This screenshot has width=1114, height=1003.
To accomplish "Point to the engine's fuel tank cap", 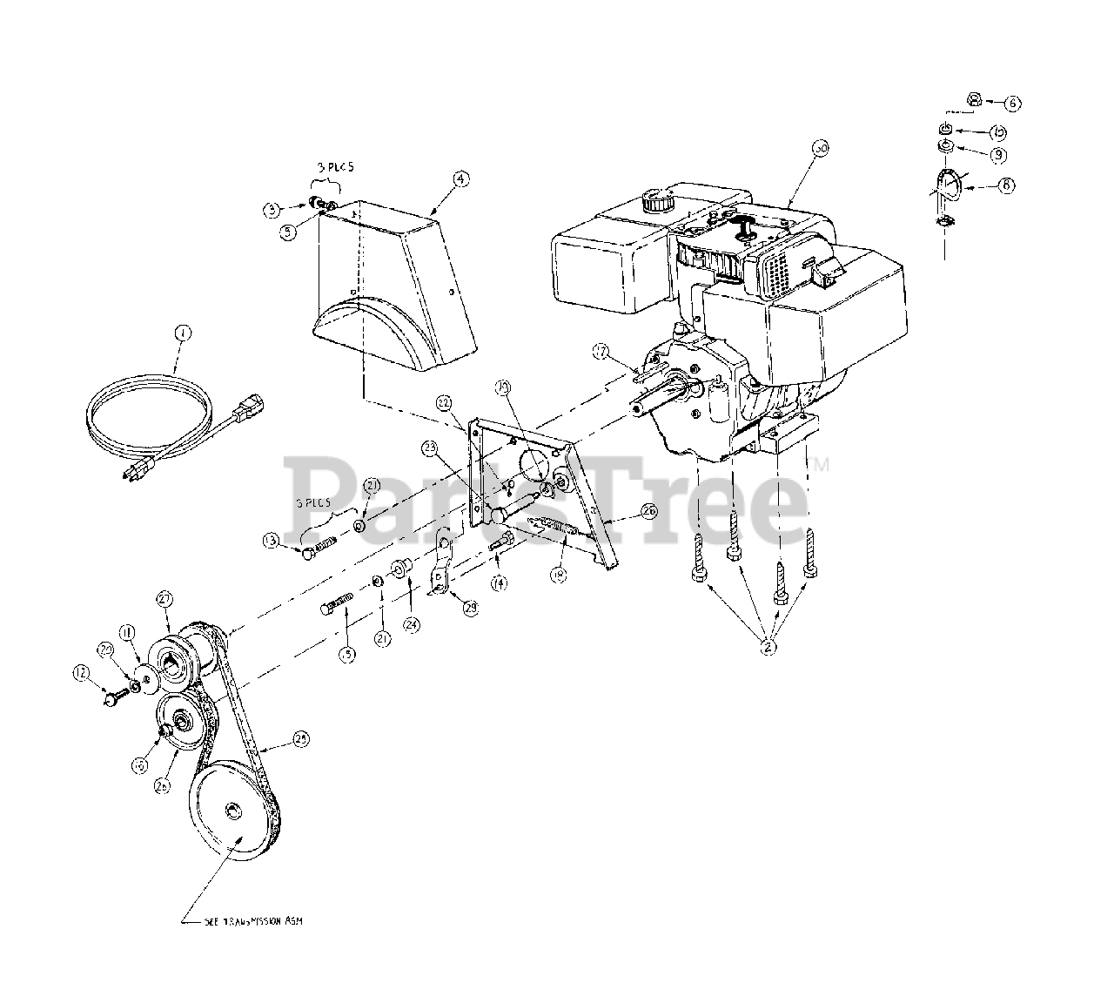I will (x=654, y=202).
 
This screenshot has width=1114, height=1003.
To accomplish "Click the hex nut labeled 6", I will (x=975, y=100).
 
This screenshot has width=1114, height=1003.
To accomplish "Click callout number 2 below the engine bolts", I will (x=768, y=646).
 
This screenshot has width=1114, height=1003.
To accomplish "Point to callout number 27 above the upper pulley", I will (x=165, y=598).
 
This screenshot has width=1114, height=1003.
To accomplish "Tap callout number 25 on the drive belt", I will (x=301, y=738).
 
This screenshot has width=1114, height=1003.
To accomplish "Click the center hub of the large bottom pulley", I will (x=233, y=812).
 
